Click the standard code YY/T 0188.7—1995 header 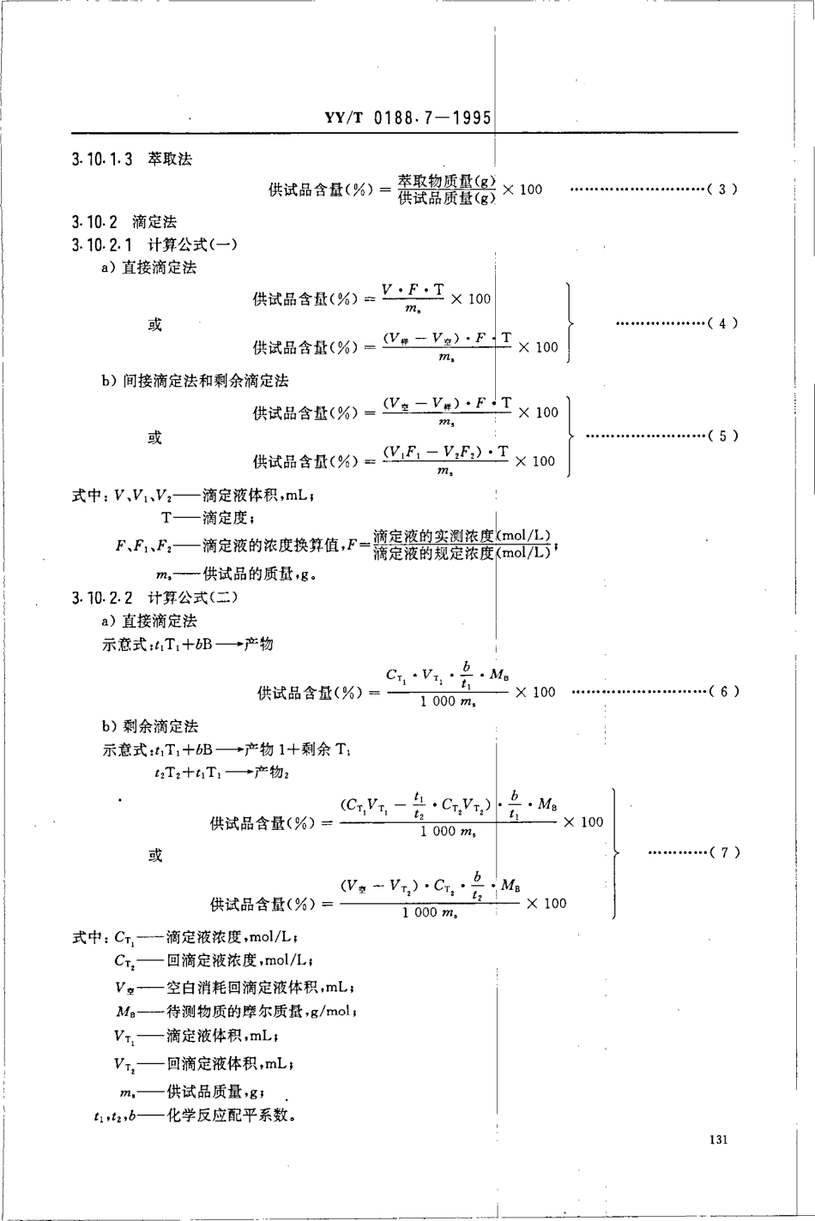point(407,117)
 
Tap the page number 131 point(719,1140)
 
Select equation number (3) point(722,189)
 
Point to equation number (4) point(722,323)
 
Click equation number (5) point(722,436)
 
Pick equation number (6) point(723,691)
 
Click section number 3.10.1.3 point(102,159)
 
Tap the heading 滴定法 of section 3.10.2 point(154,222)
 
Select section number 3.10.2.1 point(102,245)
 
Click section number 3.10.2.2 point(102,598)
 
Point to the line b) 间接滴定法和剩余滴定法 point(195,381)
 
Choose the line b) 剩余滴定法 point(149,726)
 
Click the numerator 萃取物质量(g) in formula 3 point(447,181)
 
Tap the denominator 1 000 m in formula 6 point(448,702)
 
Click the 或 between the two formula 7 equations point(154,855)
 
